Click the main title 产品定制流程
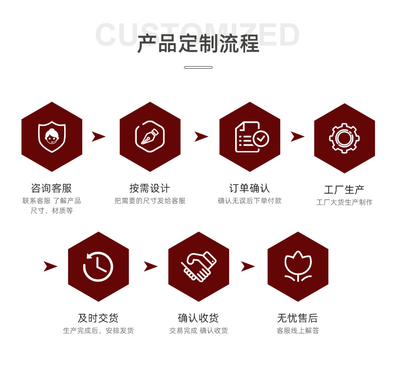tap(198, 44)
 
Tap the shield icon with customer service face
tap(52, 136)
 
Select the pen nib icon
tap(150, 136)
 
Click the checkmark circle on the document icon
tap(261, 138)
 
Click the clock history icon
tap(98, 266)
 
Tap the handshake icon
tap(199, 266)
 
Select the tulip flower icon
tap(298, 266)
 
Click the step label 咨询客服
tap(52, 189)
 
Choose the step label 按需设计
tap(150, 189)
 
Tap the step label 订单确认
tap(250, 189)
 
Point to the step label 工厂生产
tap(344, 190)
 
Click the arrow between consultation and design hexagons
tap(99, 136)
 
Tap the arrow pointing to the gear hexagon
tap(297, 136)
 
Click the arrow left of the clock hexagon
tap(50, 266)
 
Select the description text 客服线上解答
tap(298, 331)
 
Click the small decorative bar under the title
tap(198, 67)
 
